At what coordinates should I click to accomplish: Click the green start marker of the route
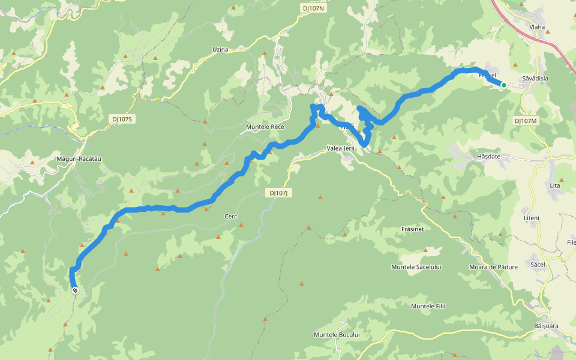point(504,85)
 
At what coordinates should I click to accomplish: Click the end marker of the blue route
point(75,290)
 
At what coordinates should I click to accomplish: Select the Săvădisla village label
point(535,79)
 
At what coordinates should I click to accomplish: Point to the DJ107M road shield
point(526,121)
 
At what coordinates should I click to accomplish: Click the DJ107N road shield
point(313,8)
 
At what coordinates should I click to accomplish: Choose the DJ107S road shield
point(122,119)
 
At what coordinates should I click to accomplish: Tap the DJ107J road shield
point(279,193)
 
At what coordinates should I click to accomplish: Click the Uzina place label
point(220,49)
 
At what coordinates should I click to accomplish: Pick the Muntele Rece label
point(265,127)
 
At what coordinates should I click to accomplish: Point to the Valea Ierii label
point(341,148)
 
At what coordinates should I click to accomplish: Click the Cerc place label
point(230,216)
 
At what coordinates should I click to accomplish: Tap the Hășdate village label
point(488,157)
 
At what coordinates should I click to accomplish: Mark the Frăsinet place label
point(413,230)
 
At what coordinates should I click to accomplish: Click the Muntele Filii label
point(428,307)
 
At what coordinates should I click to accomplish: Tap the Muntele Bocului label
point(336,334)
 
